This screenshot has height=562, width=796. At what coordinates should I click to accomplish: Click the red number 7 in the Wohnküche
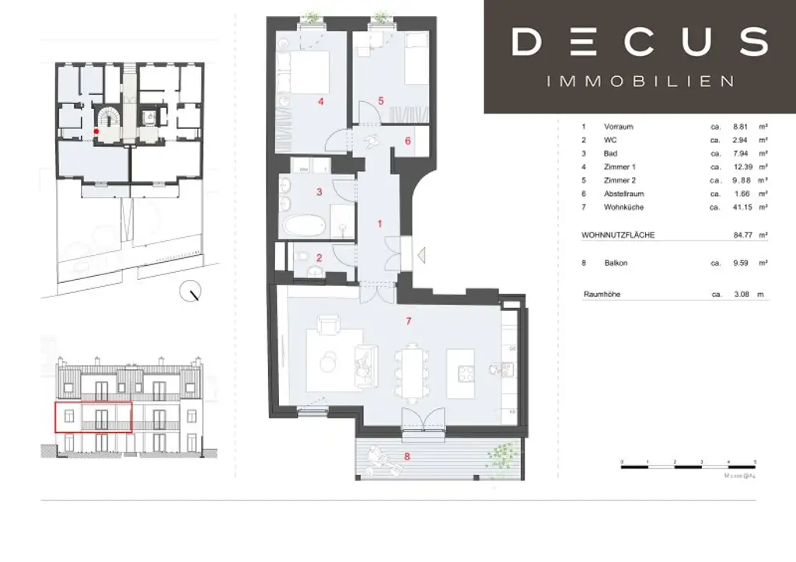pos(408,320)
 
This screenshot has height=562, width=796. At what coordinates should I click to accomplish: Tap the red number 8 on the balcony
pos(408,456)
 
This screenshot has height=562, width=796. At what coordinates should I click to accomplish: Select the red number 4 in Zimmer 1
pos(320,101)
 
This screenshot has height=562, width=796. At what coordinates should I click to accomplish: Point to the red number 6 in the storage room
pos(408,141)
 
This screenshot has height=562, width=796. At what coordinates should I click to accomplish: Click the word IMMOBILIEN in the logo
pos(640,81)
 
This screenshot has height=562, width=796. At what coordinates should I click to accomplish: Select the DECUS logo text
pos(640,40)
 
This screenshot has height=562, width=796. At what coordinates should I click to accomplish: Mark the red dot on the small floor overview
pos(96,132)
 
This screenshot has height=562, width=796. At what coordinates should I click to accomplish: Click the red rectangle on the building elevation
pos(93,417)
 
